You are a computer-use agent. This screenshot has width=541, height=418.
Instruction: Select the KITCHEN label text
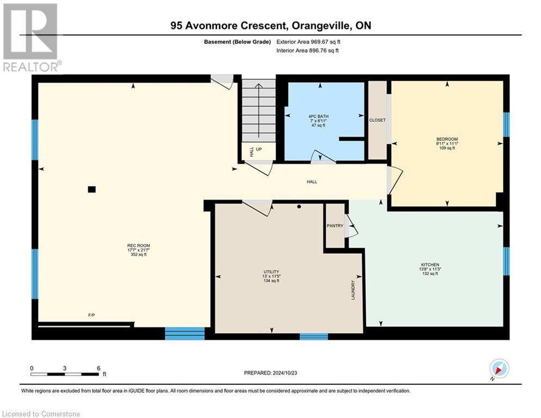click(430, 265)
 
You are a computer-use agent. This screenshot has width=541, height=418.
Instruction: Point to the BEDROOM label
click(447, 139)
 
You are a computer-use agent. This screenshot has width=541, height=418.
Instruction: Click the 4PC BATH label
click(318, 116)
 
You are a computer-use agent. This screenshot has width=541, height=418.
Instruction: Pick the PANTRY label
click(335, 226)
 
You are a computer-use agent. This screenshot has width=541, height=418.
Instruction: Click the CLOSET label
click(377, 120)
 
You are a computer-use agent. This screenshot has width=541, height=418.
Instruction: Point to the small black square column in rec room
click(92, 189)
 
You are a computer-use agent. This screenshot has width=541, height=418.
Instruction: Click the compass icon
click(499, 368)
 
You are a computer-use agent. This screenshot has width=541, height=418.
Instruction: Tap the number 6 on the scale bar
click(98, 368)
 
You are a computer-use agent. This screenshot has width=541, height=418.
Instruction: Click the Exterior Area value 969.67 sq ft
click(325, 41)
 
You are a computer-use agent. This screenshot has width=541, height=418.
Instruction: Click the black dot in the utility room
click(299, 207)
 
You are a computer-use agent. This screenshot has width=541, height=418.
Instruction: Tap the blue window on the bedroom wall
click(506, 124)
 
